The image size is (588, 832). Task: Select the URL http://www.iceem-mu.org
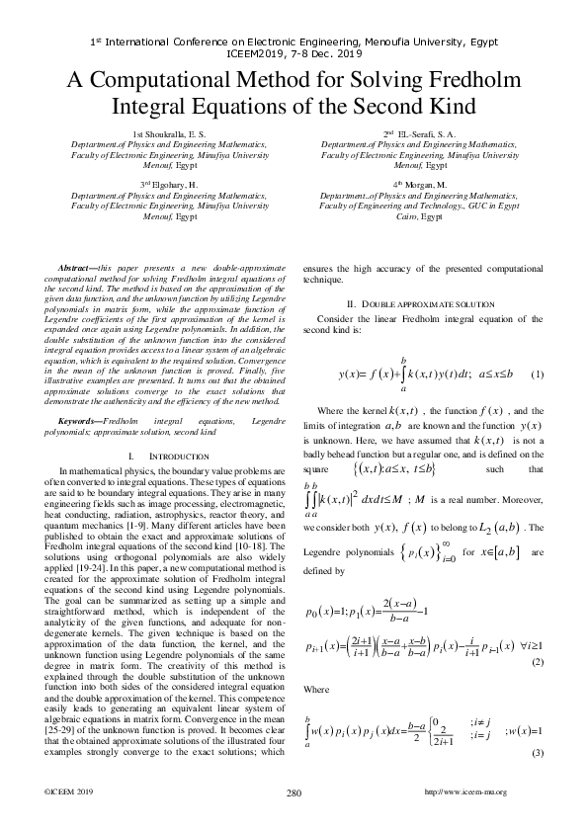click(x=464, y=792)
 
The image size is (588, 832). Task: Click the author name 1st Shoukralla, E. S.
click(x=164, y=133)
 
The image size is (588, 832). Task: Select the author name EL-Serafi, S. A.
click(x=414, y=133)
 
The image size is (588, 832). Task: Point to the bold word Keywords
click(x=80, y=420)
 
